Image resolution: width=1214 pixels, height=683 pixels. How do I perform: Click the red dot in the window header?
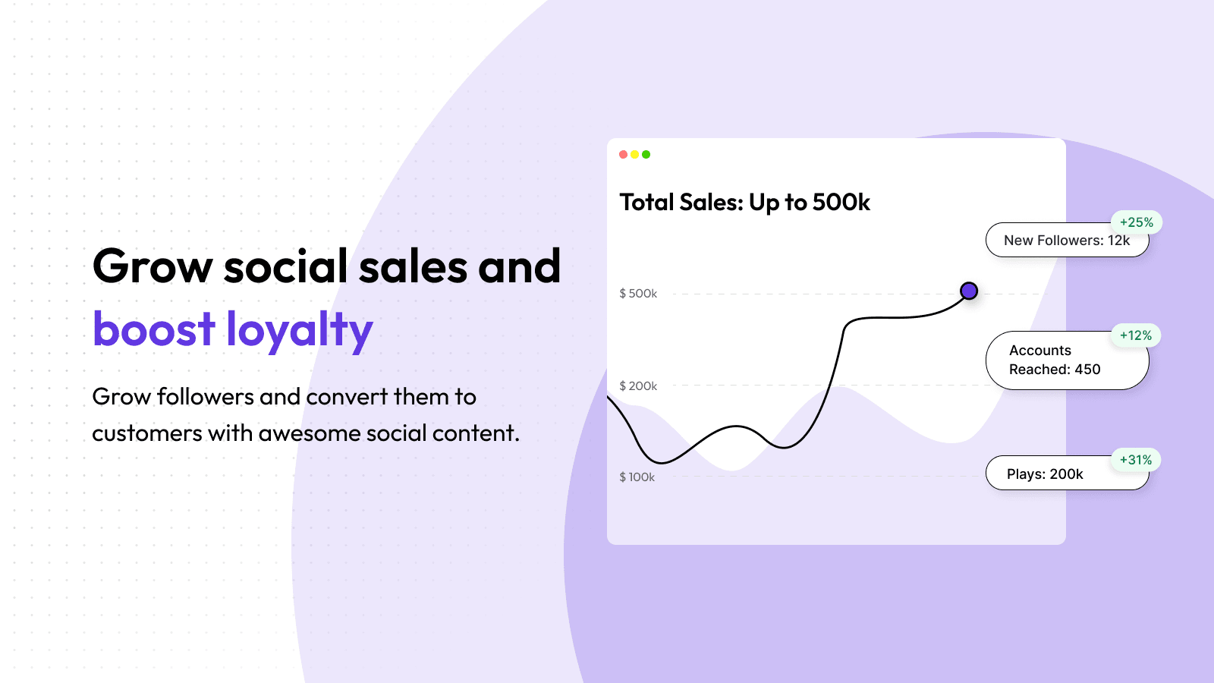(623, 155)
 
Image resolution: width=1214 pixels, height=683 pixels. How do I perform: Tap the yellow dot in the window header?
(634, 155)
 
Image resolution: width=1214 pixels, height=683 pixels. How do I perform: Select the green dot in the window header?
(646, 155)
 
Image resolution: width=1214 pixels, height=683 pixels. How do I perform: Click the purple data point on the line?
(969, 291)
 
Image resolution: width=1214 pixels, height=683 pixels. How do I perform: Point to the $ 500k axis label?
(638, 293)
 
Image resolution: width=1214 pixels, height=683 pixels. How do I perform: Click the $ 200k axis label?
(638, 386)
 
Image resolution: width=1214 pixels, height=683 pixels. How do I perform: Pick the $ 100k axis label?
(637, 477)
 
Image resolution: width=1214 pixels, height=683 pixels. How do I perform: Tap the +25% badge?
(1137, 222)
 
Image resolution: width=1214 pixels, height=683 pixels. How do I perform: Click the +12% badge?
(1136, 335)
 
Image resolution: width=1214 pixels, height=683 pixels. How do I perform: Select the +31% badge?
(1136, 460)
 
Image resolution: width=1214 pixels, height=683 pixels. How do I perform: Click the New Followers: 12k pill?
(1067, 240)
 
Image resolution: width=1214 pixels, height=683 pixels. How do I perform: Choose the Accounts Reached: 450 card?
(1067, 360)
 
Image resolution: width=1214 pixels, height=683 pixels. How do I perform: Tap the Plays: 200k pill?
(1067, 474)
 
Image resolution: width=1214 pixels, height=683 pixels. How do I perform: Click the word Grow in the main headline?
(153, 266)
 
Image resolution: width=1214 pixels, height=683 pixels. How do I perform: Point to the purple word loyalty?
(300, 330)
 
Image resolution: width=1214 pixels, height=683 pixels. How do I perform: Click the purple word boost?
(154, 328)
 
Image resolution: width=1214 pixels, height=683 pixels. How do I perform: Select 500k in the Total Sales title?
(841, 202)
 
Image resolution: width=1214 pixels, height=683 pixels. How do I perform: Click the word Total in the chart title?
(647, 202)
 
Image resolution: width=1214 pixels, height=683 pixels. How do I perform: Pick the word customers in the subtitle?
(147, 433)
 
